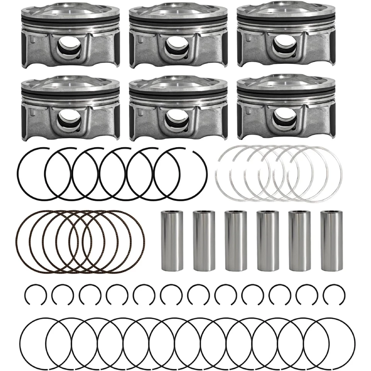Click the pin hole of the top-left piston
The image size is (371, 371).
coord(70,48)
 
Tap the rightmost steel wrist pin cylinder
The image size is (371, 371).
coord(331,240)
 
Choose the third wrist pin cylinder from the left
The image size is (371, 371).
coord(235,240)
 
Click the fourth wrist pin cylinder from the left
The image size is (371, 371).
coord(267,240)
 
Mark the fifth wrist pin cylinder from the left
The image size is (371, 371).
coord(300,240)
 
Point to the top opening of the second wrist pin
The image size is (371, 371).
coord(204,212)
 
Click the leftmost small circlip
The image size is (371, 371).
coord(36,295)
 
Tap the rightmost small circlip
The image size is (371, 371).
coord(334,295)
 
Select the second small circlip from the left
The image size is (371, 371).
coord(63,295)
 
